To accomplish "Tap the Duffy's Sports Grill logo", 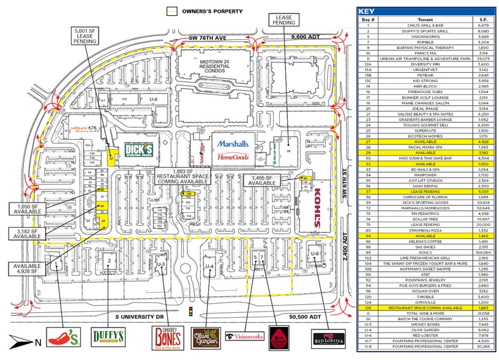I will click(108, 337).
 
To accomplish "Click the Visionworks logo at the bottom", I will click(245, 336).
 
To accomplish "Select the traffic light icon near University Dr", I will click(192, 312).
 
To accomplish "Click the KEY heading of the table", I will click(367, 11).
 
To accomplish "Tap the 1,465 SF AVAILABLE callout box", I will click(261, 181).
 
